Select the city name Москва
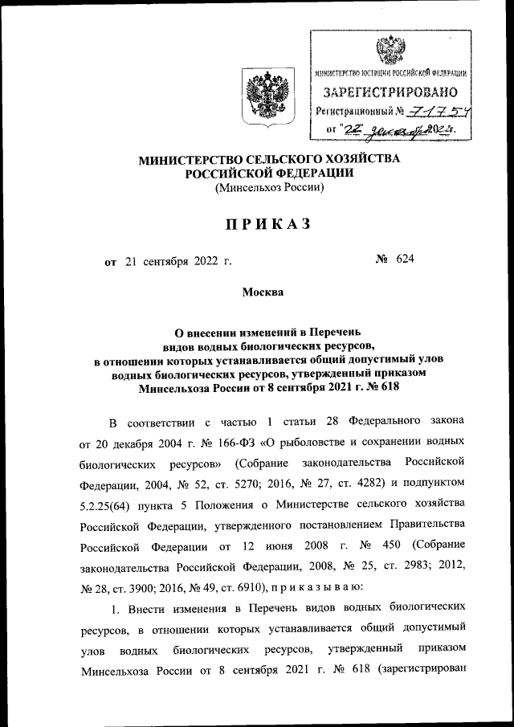click(263, 292)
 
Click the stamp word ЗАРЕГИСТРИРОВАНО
click(391, 92)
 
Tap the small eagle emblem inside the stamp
click(391, 50)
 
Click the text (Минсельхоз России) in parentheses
click(269, 189)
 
